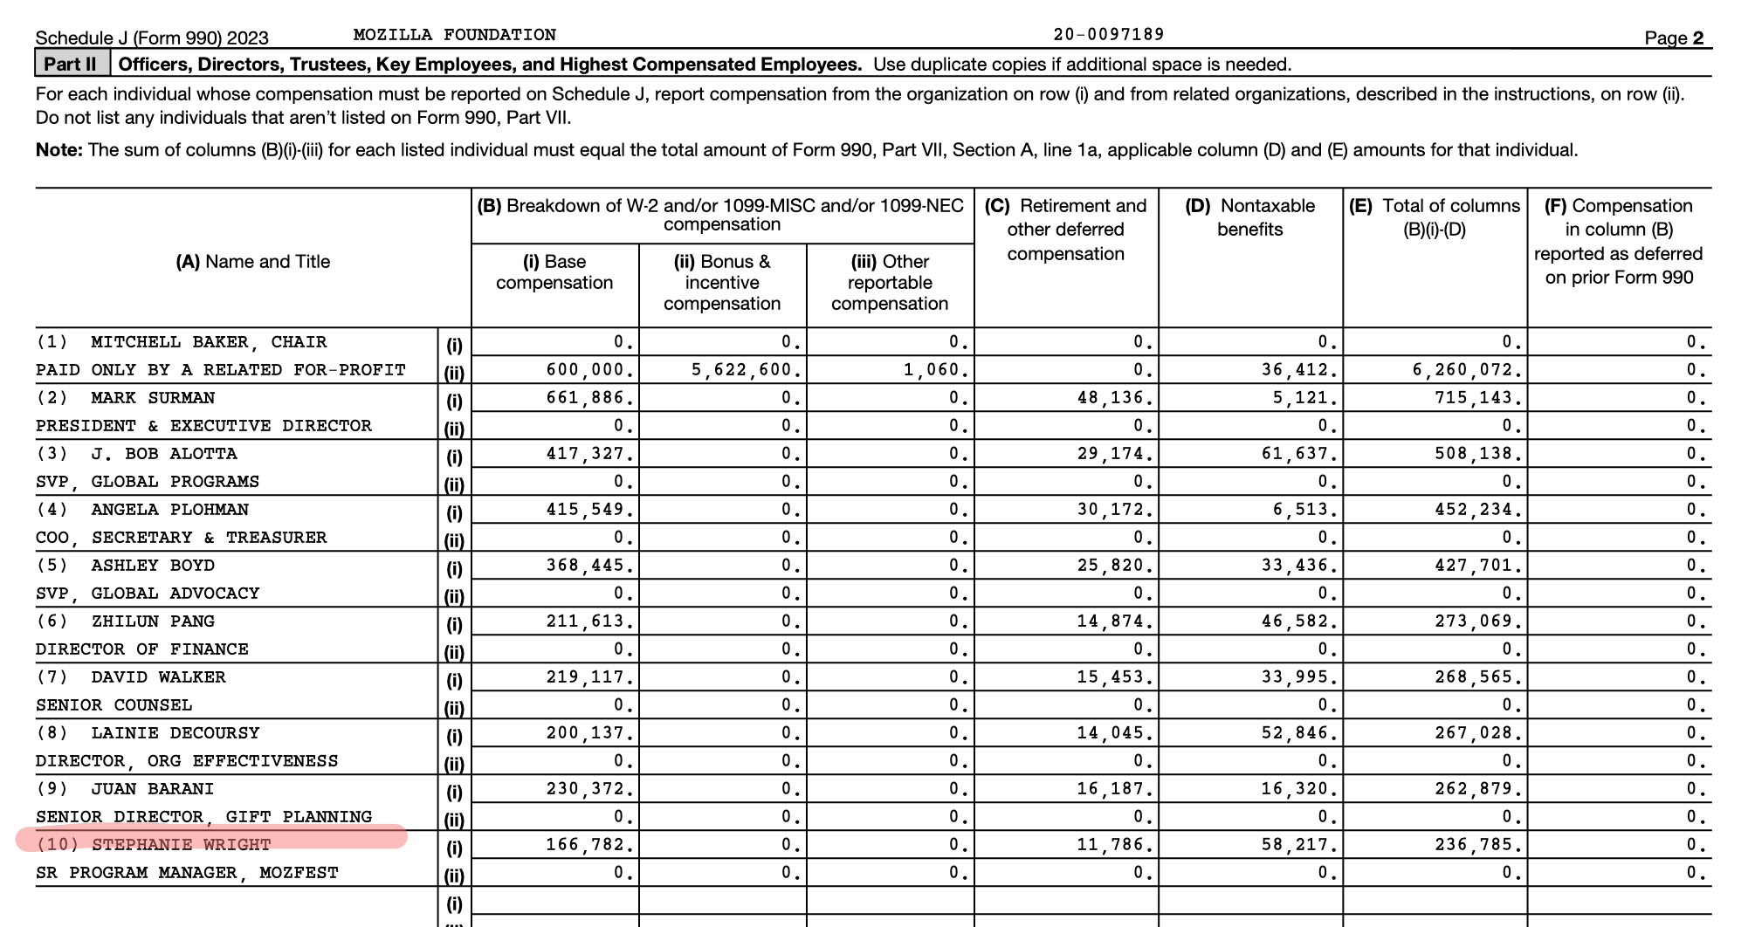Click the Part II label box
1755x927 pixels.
(x=72, y=64)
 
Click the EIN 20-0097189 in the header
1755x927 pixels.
(x=1108, y=35)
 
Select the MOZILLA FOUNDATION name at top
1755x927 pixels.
(x=454, y=35)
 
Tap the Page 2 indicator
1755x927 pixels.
(x=1673, y=38)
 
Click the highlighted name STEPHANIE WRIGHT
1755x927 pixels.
(x=181, y=844)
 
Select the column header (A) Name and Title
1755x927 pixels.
(x=252, y=262)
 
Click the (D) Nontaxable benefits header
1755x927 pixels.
(x=1249, y=217)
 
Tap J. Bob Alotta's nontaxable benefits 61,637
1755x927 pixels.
(x=1299, y=454)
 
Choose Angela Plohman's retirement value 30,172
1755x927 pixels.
(x=1114, y=510)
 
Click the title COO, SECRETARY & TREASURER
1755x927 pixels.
(x=181, y=538)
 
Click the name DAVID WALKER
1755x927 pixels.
(x=158, y=677)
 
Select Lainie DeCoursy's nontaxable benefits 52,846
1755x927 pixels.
(x=1299, y=733)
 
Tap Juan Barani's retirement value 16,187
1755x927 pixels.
(x=1114, y=789)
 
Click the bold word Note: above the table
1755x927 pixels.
(x=58, y=150)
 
